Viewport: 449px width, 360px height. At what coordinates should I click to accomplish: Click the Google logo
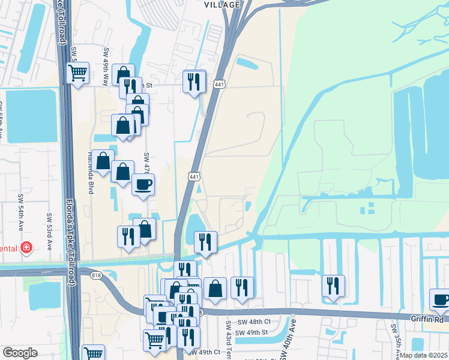20,353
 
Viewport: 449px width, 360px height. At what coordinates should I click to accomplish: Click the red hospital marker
26,247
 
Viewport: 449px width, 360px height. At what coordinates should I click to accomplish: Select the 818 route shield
96,275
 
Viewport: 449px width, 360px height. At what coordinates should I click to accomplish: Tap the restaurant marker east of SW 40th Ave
333,286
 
